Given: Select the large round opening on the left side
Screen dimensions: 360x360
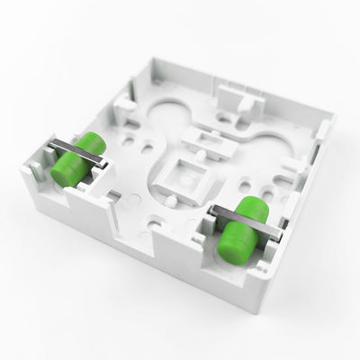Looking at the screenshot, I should tap(167, 112).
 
